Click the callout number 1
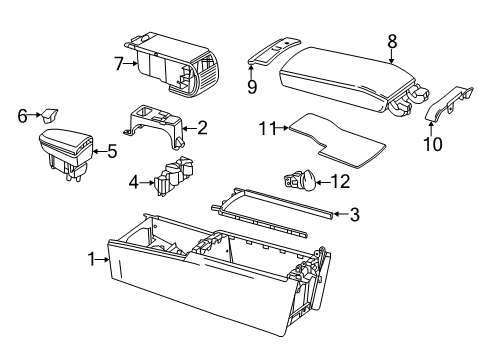92,259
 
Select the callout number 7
119,64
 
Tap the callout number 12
340,182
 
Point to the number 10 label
433,144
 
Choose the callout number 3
355,214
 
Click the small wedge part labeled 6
49,115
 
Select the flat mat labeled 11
337,140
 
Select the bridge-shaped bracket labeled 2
155,127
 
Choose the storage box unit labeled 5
67,153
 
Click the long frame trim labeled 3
272,212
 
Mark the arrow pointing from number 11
283,127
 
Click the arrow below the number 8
392,56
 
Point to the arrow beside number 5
99,151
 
